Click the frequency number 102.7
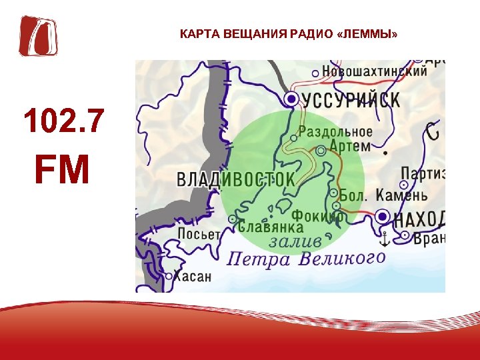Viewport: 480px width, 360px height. [63, 121]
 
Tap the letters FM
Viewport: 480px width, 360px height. [62, 170]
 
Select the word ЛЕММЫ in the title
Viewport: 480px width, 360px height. [368, 33]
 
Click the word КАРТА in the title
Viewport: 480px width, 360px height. [196, 33]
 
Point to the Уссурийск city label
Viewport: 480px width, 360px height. [351, 100]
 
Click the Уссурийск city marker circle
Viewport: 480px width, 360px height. [291, 99]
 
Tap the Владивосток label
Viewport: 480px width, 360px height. [235, 179]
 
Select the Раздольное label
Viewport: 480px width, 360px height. [335, 131]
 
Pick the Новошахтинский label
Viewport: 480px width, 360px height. [374, 71]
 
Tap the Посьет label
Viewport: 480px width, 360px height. [199, 233]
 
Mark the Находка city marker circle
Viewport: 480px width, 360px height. [383, 216]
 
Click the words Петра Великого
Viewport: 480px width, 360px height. [306, 258]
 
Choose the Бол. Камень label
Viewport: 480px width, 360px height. [383, 195]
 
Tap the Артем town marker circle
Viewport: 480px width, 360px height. [321, 151]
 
